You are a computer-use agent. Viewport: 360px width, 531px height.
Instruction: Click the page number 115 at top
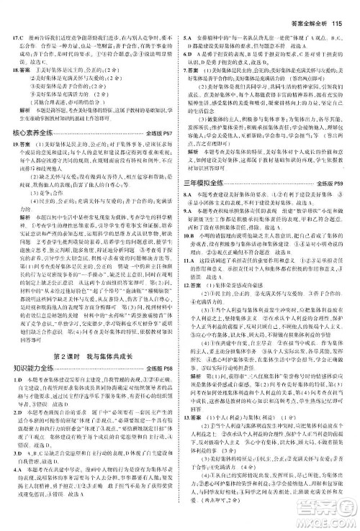point(341,9)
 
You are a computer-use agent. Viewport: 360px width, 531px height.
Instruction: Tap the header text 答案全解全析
point(310,9)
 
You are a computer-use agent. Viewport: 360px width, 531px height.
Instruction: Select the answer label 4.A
point(14,489)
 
